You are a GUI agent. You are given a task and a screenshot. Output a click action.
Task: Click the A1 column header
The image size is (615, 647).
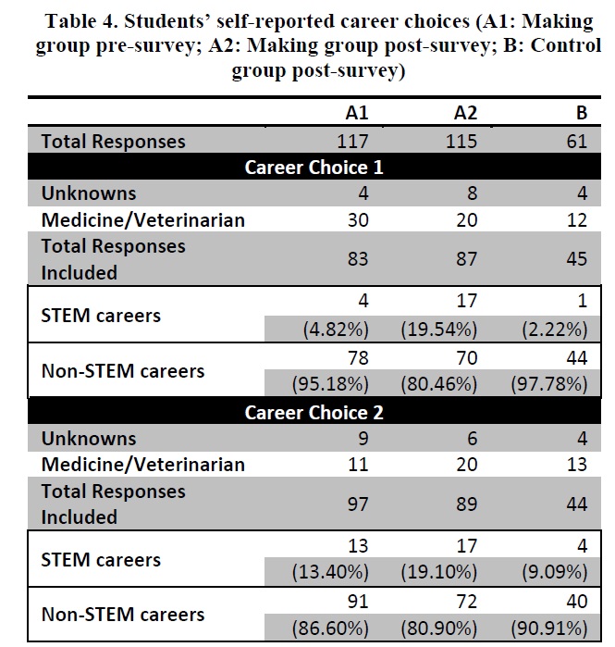[357, 113]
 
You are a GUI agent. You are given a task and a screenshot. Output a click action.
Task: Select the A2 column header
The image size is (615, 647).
[465, 113]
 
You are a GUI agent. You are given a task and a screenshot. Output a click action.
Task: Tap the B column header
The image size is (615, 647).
[582, 113]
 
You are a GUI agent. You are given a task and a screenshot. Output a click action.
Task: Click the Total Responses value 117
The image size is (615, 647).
[352, 142]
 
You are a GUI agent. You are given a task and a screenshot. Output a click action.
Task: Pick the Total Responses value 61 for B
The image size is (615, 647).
[577, 142]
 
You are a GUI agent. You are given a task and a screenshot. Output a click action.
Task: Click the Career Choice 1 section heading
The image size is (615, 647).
[314, 168]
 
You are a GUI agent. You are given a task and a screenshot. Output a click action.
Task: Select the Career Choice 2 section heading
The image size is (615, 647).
[314, 413]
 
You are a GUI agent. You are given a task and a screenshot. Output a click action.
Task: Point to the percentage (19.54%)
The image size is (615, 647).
[439, 330]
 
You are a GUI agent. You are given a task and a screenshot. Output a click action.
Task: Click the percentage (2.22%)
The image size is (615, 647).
[554, 330]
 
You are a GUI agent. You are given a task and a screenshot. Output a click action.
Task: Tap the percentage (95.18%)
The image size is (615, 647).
[330, 384]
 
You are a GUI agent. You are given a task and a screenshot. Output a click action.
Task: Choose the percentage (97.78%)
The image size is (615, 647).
[549, 384]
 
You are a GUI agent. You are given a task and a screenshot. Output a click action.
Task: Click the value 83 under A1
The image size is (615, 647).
[358, 259]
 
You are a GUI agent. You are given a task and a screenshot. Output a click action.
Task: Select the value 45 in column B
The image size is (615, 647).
[577, 259]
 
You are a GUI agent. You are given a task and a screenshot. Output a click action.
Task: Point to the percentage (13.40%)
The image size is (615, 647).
[330, 572]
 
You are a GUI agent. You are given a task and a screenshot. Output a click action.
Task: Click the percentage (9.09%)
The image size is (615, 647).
[554, 572]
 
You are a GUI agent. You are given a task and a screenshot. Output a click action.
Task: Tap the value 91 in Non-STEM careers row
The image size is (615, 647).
[358, 602]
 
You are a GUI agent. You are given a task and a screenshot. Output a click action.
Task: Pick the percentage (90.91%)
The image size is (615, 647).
[549, 628]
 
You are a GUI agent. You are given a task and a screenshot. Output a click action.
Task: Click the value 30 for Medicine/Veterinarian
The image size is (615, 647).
[358, 220]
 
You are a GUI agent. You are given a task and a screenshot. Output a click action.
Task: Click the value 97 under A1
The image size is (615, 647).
[358, 504]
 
